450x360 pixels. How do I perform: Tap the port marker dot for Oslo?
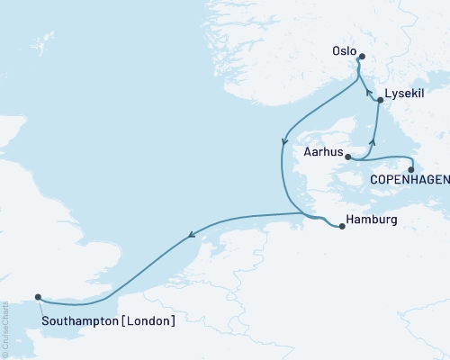click(362, 58)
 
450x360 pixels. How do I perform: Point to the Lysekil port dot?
click(380, 101)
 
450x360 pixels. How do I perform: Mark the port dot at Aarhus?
click(347, 157)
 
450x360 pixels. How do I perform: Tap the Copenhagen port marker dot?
click(410, 169)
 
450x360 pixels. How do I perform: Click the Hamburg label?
click(372, 219)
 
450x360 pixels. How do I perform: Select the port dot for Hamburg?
click(342, 227)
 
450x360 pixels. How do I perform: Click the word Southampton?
click(81, 319)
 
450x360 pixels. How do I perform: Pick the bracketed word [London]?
click(148, 319)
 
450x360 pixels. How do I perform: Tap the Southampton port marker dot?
click(38, 297)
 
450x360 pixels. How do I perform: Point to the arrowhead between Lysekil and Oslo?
click(367, 90)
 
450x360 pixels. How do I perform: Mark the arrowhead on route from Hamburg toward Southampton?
click(191, 237)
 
